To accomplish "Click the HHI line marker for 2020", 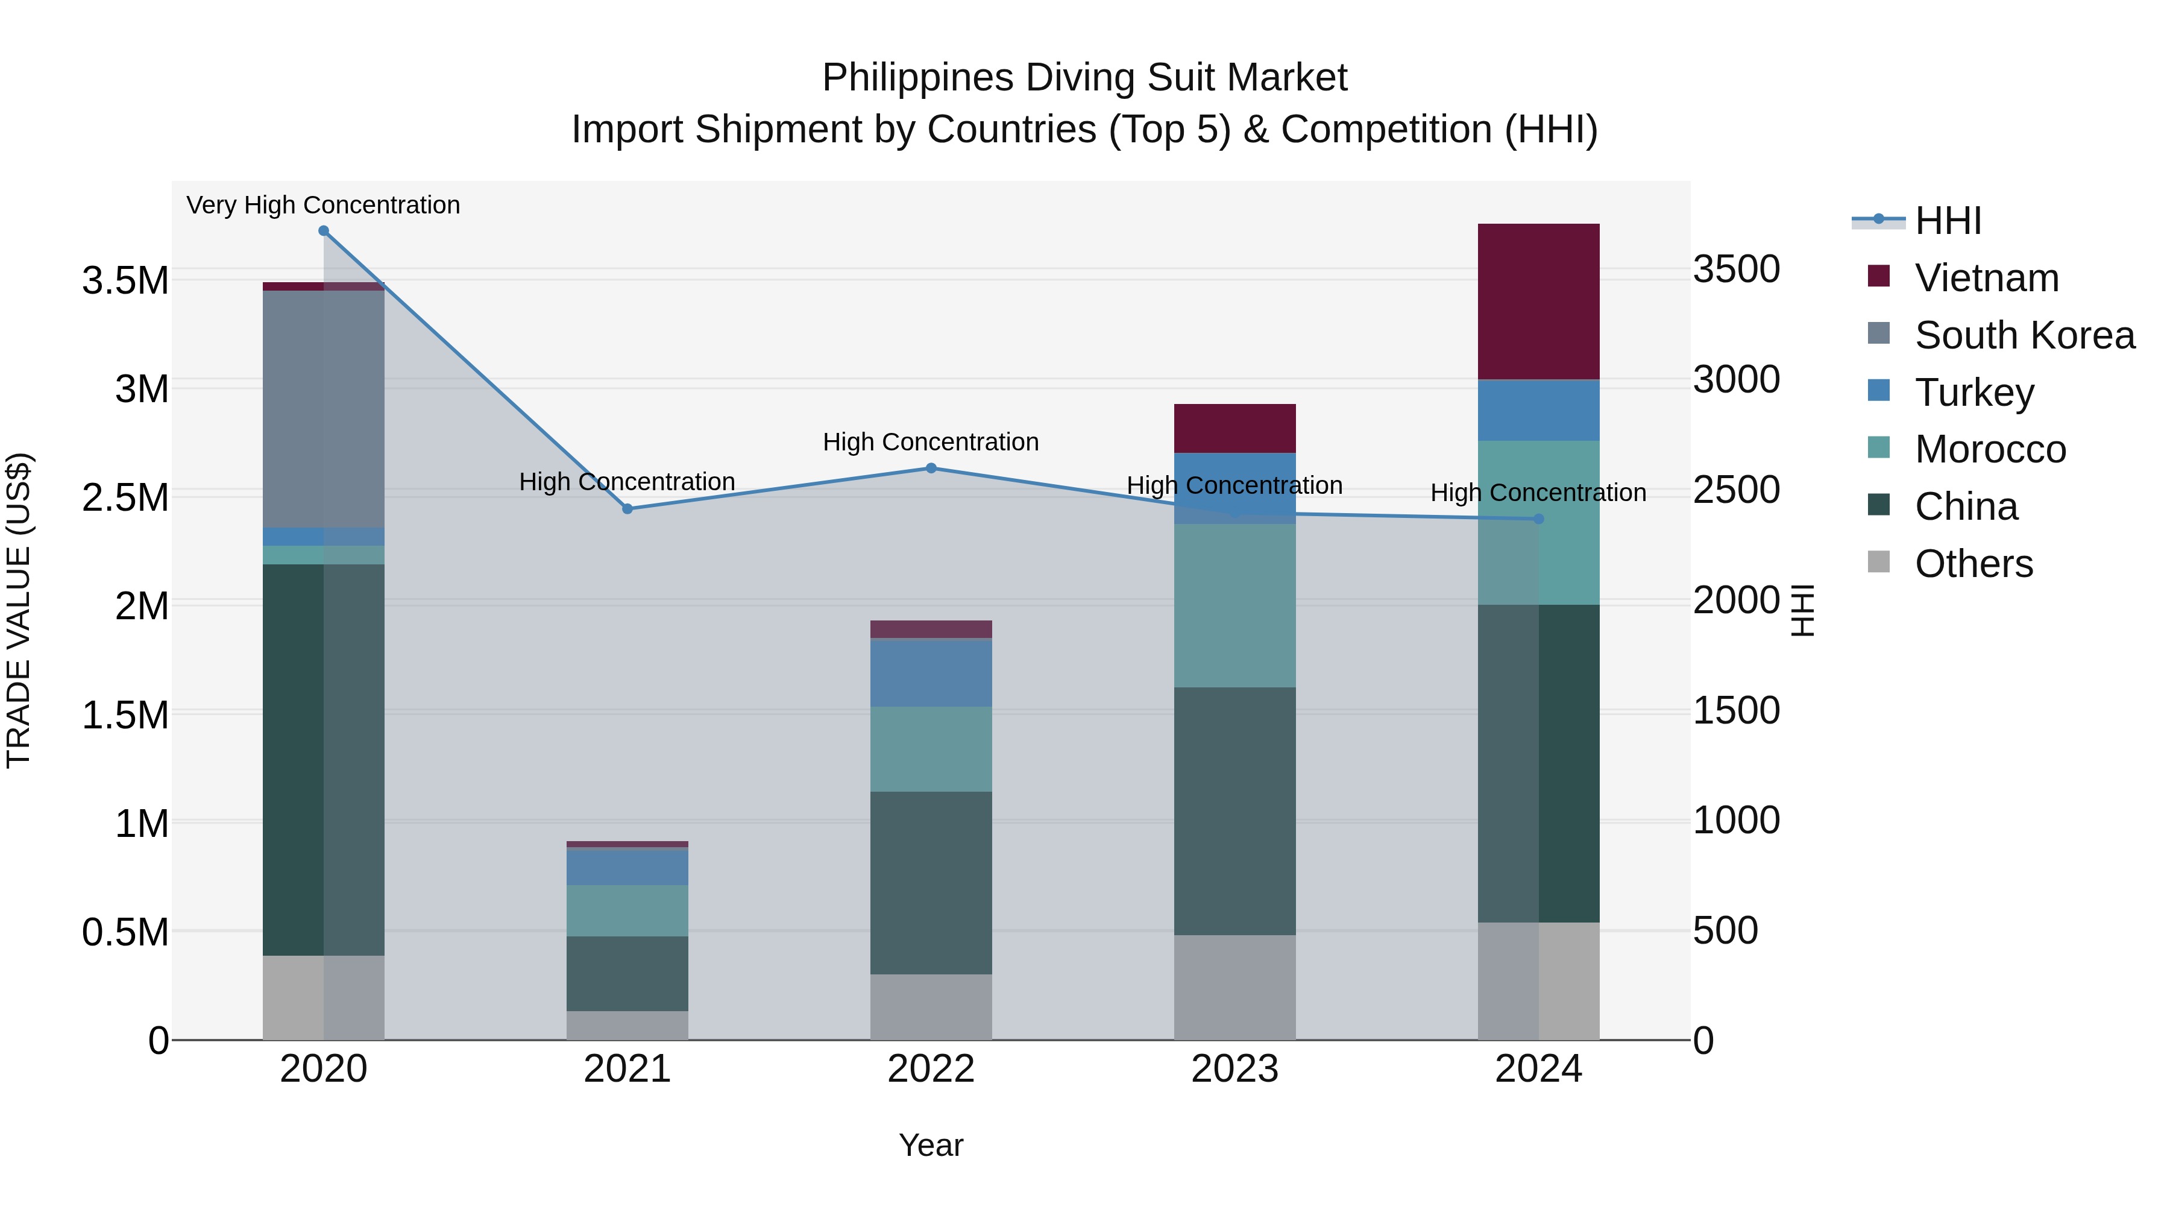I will pos(324,231).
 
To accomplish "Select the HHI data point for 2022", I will pos(931,469).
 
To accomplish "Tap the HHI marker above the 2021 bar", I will pos(627,509).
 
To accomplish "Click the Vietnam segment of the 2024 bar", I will pos(1538,301).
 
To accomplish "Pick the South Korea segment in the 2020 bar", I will pos(324,409).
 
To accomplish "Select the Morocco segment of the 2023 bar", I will pos(1235,605).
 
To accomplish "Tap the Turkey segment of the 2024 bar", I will pos(1538,411).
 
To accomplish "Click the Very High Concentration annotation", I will pos(324,206).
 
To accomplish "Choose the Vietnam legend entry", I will pos(1986,278).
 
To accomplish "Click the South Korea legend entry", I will pos(2024,335).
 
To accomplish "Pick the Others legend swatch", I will pos(1878,562).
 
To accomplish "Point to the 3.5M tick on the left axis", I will pos(125,280).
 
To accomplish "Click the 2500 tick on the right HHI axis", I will pos(1736,490).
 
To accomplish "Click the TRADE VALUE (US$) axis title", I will pos(19,610).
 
